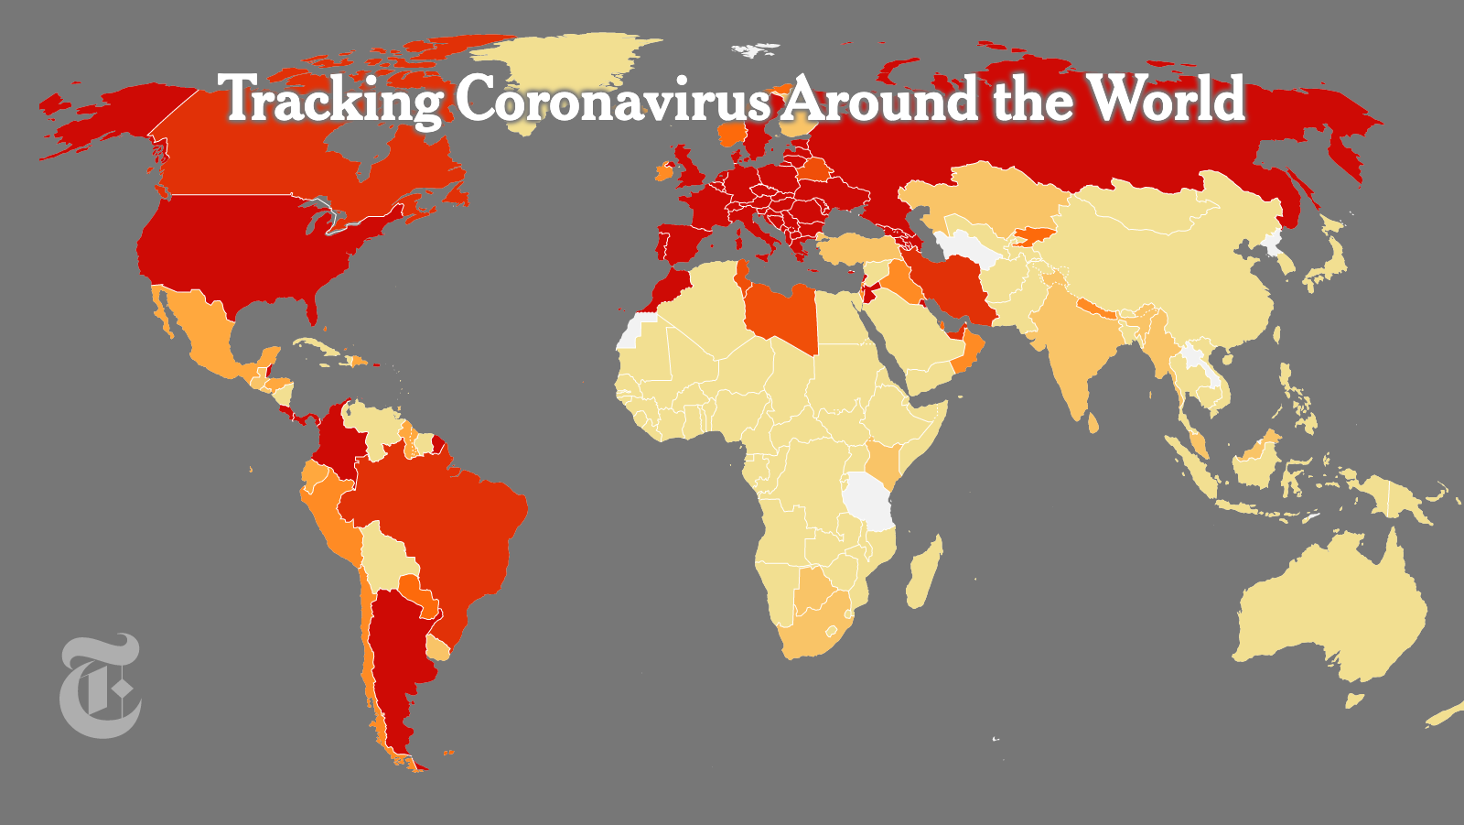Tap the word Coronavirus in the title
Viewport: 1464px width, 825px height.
pos(612,99)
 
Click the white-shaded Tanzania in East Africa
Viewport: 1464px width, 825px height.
pos(869,500)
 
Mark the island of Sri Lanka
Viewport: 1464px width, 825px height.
pos(1093,422)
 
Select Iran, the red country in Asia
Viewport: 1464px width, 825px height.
pos(956,279)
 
